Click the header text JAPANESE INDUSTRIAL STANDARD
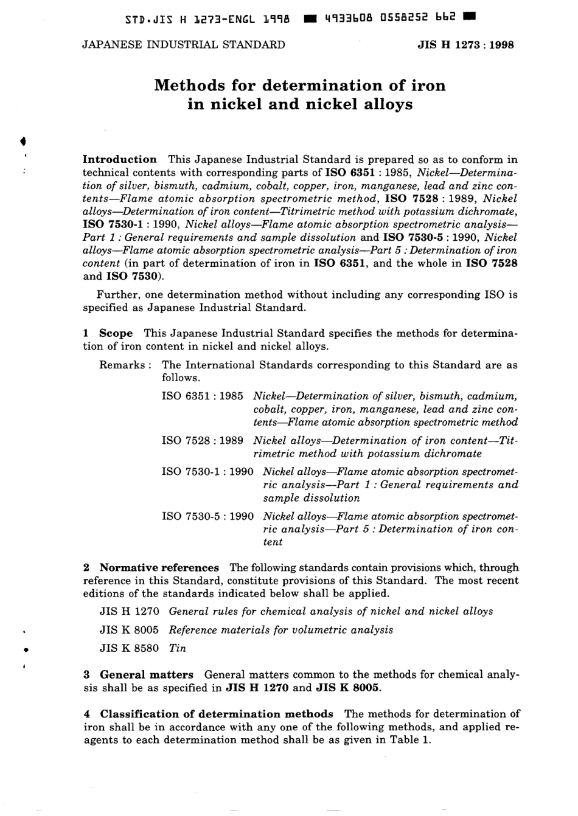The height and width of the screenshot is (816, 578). coord(183,44)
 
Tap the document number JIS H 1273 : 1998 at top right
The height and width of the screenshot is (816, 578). coord(465,44)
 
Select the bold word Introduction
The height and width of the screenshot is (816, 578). coord(119,159)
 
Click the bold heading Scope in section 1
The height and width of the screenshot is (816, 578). coord(116,333)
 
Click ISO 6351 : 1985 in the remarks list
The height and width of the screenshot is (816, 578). coord(202,396)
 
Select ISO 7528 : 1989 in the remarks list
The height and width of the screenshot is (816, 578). coord(202,441)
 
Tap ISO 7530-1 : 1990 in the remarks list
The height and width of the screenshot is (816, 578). coord(207,472)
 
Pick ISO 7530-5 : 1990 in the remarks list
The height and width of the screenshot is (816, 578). coord(207,516)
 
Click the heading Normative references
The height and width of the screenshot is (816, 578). coord(159,567)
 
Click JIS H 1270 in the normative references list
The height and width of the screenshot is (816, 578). coord(129,611)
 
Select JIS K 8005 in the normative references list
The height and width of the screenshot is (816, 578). coord(129,630)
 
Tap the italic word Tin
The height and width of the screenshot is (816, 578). coord(178,648)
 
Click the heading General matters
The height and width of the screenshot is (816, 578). coord(147,674)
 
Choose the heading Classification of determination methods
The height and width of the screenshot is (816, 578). coord(217,714)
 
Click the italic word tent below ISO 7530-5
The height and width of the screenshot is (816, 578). coord(273,542)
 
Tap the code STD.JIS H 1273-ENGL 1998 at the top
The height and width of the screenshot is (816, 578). coord(210,19)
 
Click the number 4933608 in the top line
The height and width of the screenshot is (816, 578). coord(340,19)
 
